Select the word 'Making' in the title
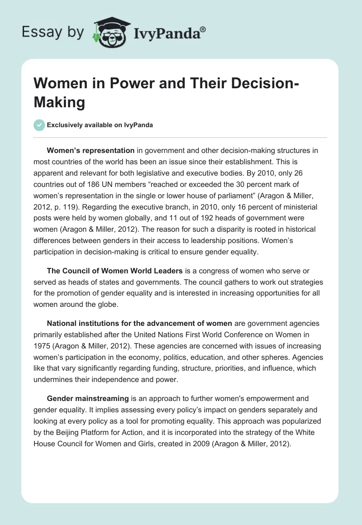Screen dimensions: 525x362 tap(59, 103)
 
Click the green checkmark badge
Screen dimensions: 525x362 tap(39, 124)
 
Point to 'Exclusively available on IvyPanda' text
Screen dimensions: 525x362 tap(100, 125)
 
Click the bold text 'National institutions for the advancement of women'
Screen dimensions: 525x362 tap(139, 323)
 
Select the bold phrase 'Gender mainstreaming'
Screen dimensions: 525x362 tap(87, 399)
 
